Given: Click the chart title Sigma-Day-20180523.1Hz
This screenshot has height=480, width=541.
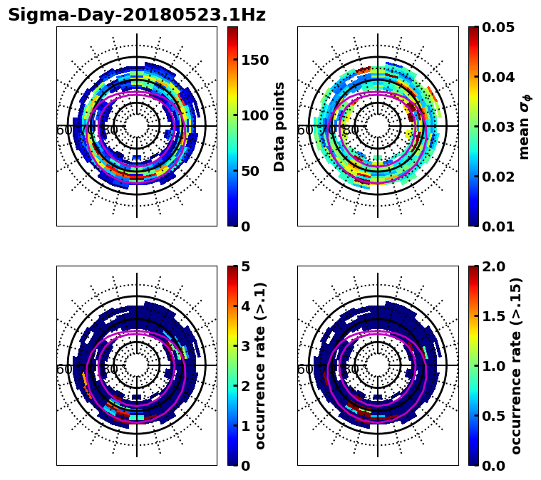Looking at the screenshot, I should click(x=137, y=15).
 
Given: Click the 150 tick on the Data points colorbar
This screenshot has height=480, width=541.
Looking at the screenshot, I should click(x=255, y=60).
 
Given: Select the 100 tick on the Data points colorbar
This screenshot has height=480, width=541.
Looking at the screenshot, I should click(x=255, y=115).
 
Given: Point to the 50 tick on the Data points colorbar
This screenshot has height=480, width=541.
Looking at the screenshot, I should click(x=251, y=171).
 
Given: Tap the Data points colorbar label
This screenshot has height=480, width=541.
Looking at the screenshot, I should click(x=279, y=126).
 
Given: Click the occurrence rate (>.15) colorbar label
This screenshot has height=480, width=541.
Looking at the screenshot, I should click(x=517, y=365).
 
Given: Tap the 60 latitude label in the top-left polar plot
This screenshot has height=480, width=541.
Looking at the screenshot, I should click(x=63, y=130).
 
